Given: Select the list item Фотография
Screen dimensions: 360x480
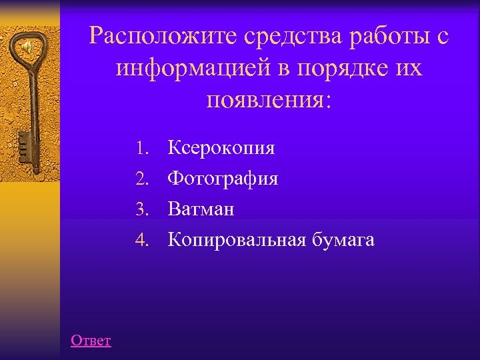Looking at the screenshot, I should [x=223, y=179].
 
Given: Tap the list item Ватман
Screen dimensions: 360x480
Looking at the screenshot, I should [x=201, y=209].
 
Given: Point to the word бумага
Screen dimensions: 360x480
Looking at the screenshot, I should [x=343, y=240].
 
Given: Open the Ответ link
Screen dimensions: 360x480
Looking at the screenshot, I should [x=91, y=341].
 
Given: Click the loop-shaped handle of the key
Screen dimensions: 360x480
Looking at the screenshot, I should [x=29, y=47].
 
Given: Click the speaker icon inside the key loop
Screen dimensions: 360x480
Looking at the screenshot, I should [x=27, y=47].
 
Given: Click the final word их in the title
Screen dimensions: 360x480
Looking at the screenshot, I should [x=407, y=68].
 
